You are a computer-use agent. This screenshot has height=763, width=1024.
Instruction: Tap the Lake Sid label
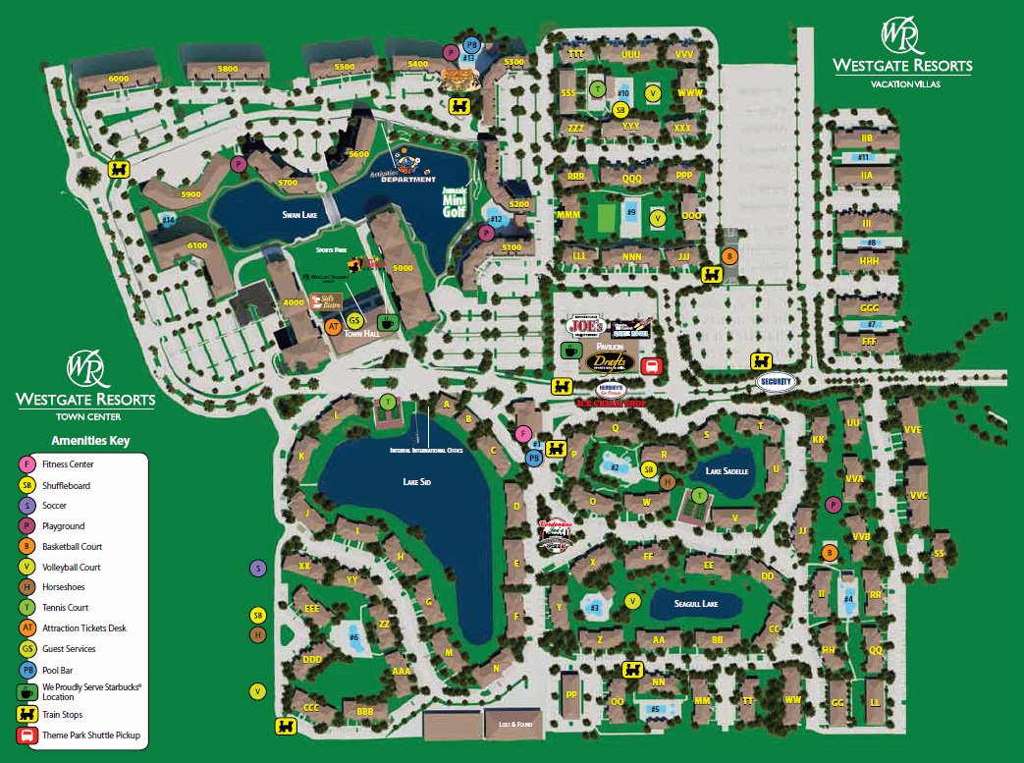[x=416, y=482]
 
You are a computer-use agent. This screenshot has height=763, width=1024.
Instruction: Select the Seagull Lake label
[x=696, y=604]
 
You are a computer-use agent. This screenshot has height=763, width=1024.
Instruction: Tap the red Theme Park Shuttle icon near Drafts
[x=649, y=367]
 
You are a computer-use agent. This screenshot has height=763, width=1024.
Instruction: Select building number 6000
[x=119, y=78]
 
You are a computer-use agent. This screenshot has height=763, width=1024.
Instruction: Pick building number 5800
[x=227, y=70]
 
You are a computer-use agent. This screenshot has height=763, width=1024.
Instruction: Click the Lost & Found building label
[x=513, y=724]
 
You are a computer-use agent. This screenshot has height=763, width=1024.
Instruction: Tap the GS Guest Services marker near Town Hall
[x=355, y=321]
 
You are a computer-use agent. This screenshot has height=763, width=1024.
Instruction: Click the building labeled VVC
[x=918, y=495]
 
